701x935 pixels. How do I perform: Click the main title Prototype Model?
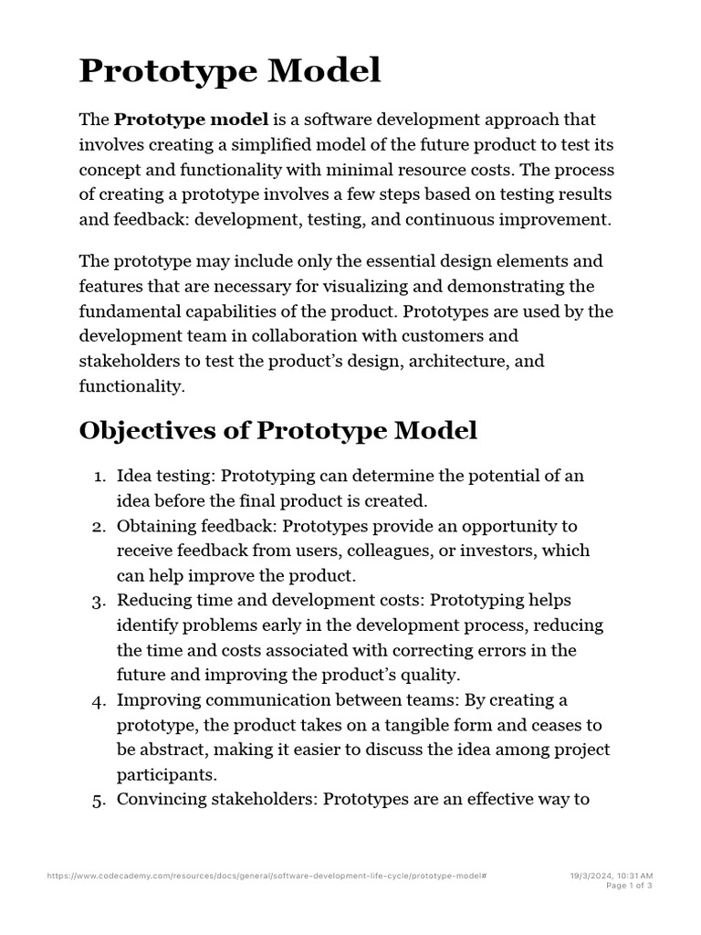tap(230, 70)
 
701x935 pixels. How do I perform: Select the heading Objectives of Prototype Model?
tap(278, 430)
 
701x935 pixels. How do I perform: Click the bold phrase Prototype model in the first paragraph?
tap(191, 120)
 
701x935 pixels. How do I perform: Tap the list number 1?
tap(99, 476)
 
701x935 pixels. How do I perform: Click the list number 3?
tap(99, 601)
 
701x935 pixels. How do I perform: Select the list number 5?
tap(99, 800)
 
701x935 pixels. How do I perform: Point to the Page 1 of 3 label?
tap(629, 885)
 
